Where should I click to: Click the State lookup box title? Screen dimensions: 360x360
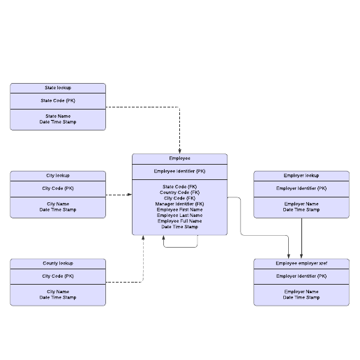coord(58,88)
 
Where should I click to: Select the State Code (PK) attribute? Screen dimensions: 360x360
coord(58,100)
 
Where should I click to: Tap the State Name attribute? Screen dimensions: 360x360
coord(58,116)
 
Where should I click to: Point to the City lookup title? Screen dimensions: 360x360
coord(58,175)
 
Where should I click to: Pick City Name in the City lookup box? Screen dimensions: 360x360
coord(58,204)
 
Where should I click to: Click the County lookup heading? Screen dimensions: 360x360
coord(58,263)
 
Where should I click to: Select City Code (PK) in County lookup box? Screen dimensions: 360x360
coord(58,276)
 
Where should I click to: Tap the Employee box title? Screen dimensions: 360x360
coord(179,158)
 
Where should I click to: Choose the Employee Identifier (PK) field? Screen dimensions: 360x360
coord(179,172)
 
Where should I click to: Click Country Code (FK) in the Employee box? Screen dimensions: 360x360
coord(179,193)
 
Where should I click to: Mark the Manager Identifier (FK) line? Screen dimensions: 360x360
coord(179,204)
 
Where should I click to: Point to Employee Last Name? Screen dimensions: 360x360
coord(179,216)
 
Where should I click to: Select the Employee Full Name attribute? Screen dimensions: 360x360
coord(179,221)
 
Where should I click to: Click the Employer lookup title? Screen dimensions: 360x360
coord(301,175)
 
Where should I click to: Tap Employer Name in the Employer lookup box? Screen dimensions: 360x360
coord(301,204)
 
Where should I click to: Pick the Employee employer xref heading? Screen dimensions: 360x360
coord(301,263)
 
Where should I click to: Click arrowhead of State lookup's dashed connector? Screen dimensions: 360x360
coord(179,151)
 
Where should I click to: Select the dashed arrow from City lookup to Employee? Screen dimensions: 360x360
coord(119,195)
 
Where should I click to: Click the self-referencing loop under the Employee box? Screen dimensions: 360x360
coord(181,247)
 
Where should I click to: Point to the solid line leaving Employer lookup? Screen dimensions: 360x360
coord(301,239)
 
